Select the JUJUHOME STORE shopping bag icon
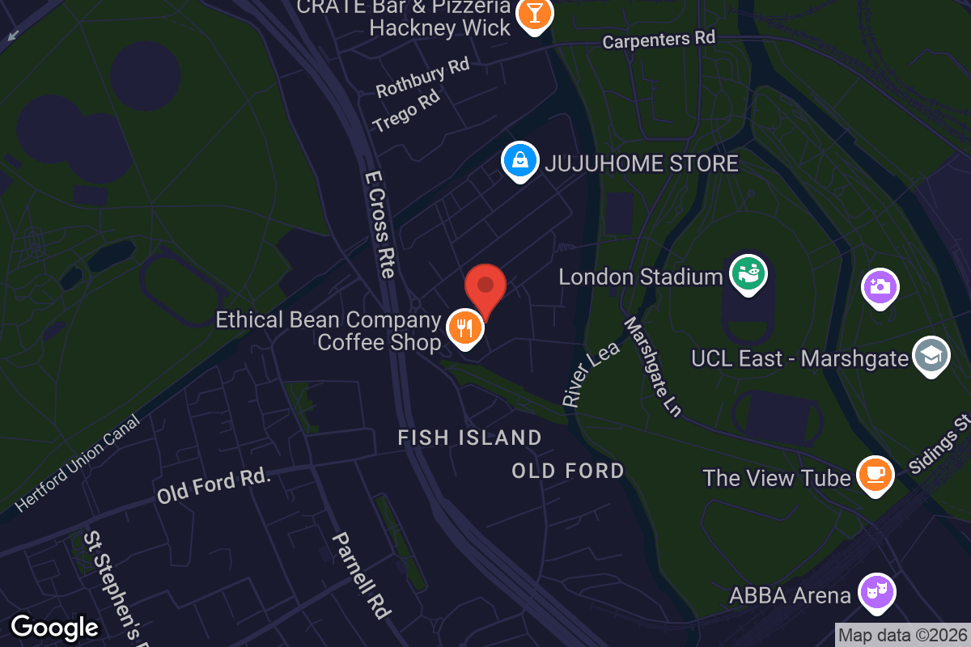click(520, 160)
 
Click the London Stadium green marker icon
click(748, 273)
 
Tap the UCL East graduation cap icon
click(931, 355)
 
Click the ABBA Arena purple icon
click(876, 593)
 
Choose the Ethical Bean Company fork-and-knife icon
click(465, 328)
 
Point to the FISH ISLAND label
click(469, 438)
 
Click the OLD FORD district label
click(568, 471)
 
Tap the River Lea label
click(592, 373)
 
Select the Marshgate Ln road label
click(653, 366)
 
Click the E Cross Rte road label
click(379, 223)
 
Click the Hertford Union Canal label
click(77, 465)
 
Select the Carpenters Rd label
click(659, 38)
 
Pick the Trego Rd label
click(406, 111)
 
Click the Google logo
click(54, 627)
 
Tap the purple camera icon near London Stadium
click(881, 285)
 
